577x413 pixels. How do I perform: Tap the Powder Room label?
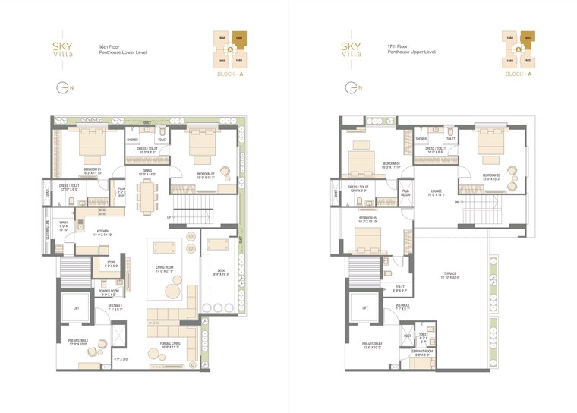106,292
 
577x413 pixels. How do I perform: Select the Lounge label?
436,193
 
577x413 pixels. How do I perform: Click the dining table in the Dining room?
145,198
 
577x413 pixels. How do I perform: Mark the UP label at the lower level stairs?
169,217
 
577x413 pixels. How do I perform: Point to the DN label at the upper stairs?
456,203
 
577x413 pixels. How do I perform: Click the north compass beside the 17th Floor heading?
351,88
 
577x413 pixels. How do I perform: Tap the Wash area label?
64,225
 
